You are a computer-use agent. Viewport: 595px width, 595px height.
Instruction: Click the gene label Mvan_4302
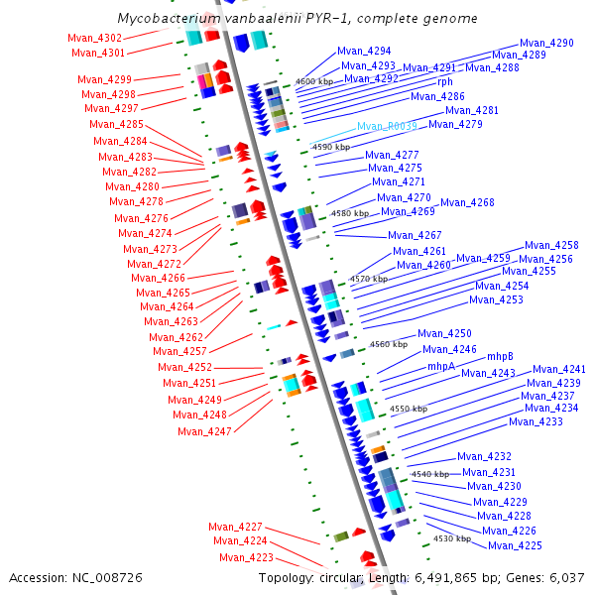click(95, 38)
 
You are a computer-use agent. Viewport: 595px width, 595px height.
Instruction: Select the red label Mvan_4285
click(117, 125)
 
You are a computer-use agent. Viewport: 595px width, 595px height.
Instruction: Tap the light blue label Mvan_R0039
click(387, 127)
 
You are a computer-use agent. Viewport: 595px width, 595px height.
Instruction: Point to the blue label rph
click(445, 82)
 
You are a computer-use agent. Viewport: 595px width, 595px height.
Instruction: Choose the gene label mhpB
click(500, 356)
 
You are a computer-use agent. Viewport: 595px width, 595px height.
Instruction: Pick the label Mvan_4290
click(547, 44)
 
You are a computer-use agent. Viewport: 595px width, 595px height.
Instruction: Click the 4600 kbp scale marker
click(315, 81)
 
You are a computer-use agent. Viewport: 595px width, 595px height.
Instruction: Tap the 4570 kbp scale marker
click(369, 280)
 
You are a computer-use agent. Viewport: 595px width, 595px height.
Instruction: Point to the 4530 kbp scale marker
click(451, 538)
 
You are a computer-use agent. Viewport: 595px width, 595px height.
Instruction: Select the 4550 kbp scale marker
click(409, 409)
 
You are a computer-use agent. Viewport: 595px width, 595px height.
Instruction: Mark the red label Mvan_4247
click(204, 431)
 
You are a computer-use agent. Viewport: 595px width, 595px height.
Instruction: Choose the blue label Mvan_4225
click(515, 546)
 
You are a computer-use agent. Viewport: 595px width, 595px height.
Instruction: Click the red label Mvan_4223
click(246, 557)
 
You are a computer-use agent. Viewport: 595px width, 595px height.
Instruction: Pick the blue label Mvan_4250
click(444, 334)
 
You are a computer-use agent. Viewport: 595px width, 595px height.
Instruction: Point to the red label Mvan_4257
click(179, 352)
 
